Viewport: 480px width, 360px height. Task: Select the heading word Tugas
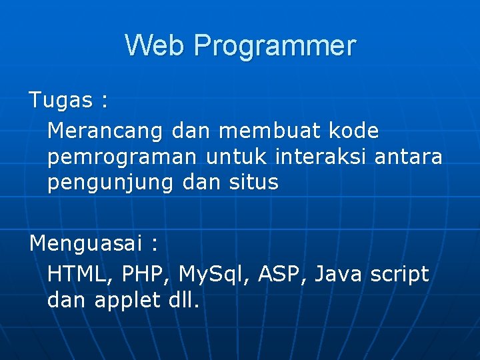pos(61,101)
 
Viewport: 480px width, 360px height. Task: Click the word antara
pos(408,157)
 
